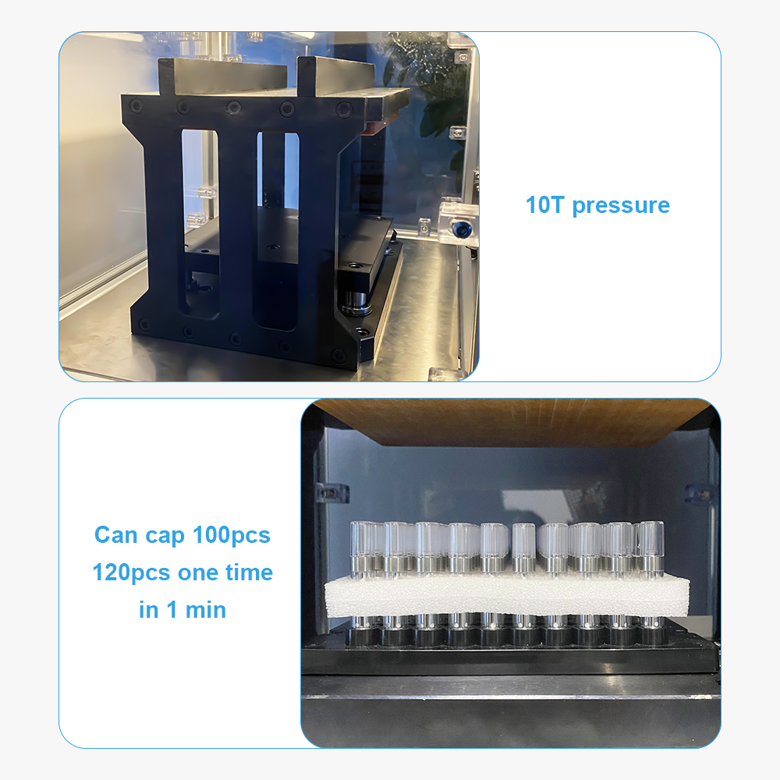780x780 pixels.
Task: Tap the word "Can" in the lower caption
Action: pos(116,535)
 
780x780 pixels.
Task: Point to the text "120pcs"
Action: pos(131,573)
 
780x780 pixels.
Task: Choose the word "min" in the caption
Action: pos(205,610)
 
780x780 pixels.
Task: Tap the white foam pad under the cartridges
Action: pos(506,596)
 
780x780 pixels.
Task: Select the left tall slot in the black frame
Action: pos(200,224)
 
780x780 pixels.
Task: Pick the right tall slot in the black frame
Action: pos(277,231)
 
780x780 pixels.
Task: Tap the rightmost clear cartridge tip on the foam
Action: pos(651,539)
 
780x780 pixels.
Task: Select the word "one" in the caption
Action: pos(197,573)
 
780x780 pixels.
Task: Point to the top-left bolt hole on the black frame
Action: pos(135,105)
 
